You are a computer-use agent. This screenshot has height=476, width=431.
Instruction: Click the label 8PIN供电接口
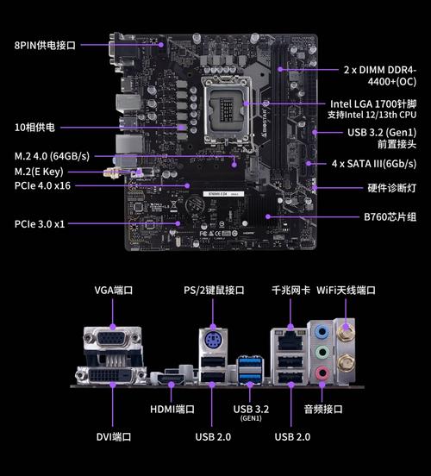(45, 44)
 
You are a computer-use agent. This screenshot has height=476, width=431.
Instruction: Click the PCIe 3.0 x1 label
(39, 224)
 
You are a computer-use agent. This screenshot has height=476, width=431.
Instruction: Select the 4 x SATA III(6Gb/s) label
(374, 163)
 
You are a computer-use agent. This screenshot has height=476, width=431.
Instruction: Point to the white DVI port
(109, 377)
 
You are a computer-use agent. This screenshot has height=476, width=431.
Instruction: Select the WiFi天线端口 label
(347, 290)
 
